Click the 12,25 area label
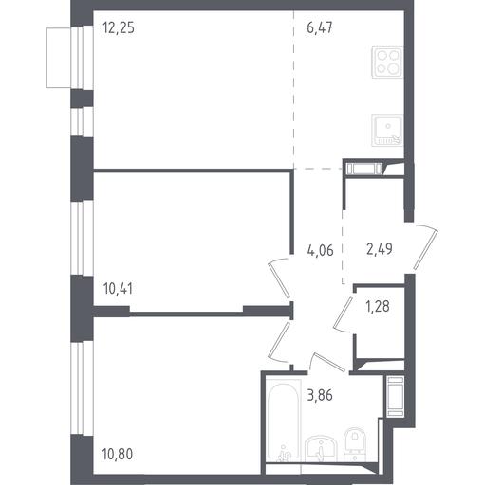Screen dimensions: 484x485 (x=119, y=27)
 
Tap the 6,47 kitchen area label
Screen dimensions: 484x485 (x=320, y=27)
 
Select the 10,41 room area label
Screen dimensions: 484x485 (x=118, y=289)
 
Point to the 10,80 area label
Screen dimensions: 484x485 (x=118, y=455)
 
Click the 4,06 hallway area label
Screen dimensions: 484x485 (x=320, y=251)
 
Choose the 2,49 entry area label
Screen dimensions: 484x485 (x=380, y=249)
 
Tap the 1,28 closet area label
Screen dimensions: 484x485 (x=378, y=306)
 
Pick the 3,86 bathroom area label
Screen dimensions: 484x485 (x=320, y=395)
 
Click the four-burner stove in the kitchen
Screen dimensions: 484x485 (x=387, y=62)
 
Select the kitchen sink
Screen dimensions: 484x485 (x=387, y=130)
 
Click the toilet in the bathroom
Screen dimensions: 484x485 (x=355, y=443)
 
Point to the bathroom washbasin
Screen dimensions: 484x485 (x=321, y=448)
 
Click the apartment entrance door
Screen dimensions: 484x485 (x=426, y=247)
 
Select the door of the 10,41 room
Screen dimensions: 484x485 (x=279, y=278)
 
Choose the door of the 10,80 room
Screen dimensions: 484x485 (x=278, y=342)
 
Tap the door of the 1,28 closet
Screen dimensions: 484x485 (x=344, y=314)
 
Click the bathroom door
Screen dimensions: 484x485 (x=327, y=362)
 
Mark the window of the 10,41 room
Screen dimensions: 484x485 (x=82, y=238)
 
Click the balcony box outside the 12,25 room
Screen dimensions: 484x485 (x=58, y=58)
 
